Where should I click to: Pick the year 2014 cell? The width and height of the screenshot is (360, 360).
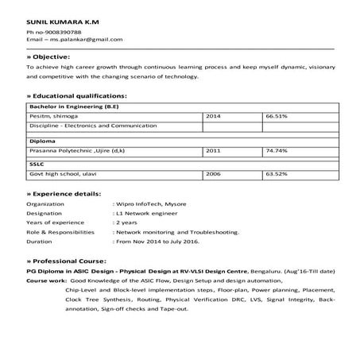(213, 116)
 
